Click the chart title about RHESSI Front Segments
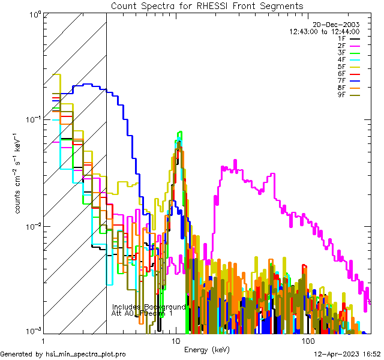207,5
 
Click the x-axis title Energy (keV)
206,350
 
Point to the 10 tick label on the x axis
176,341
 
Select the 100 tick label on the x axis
308,341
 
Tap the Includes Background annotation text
149,307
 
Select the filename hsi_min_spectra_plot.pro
85,354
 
